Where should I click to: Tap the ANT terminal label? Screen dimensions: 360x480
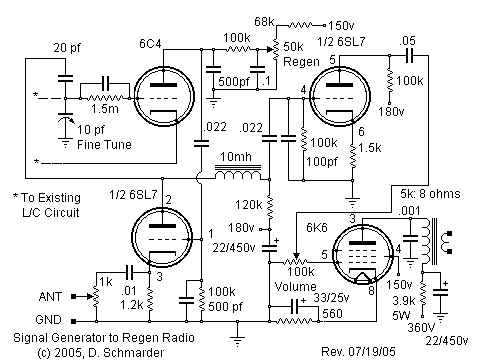(x=51, y=296)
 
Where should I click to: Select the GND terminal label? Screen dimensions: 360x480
(x=51, y=321)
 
